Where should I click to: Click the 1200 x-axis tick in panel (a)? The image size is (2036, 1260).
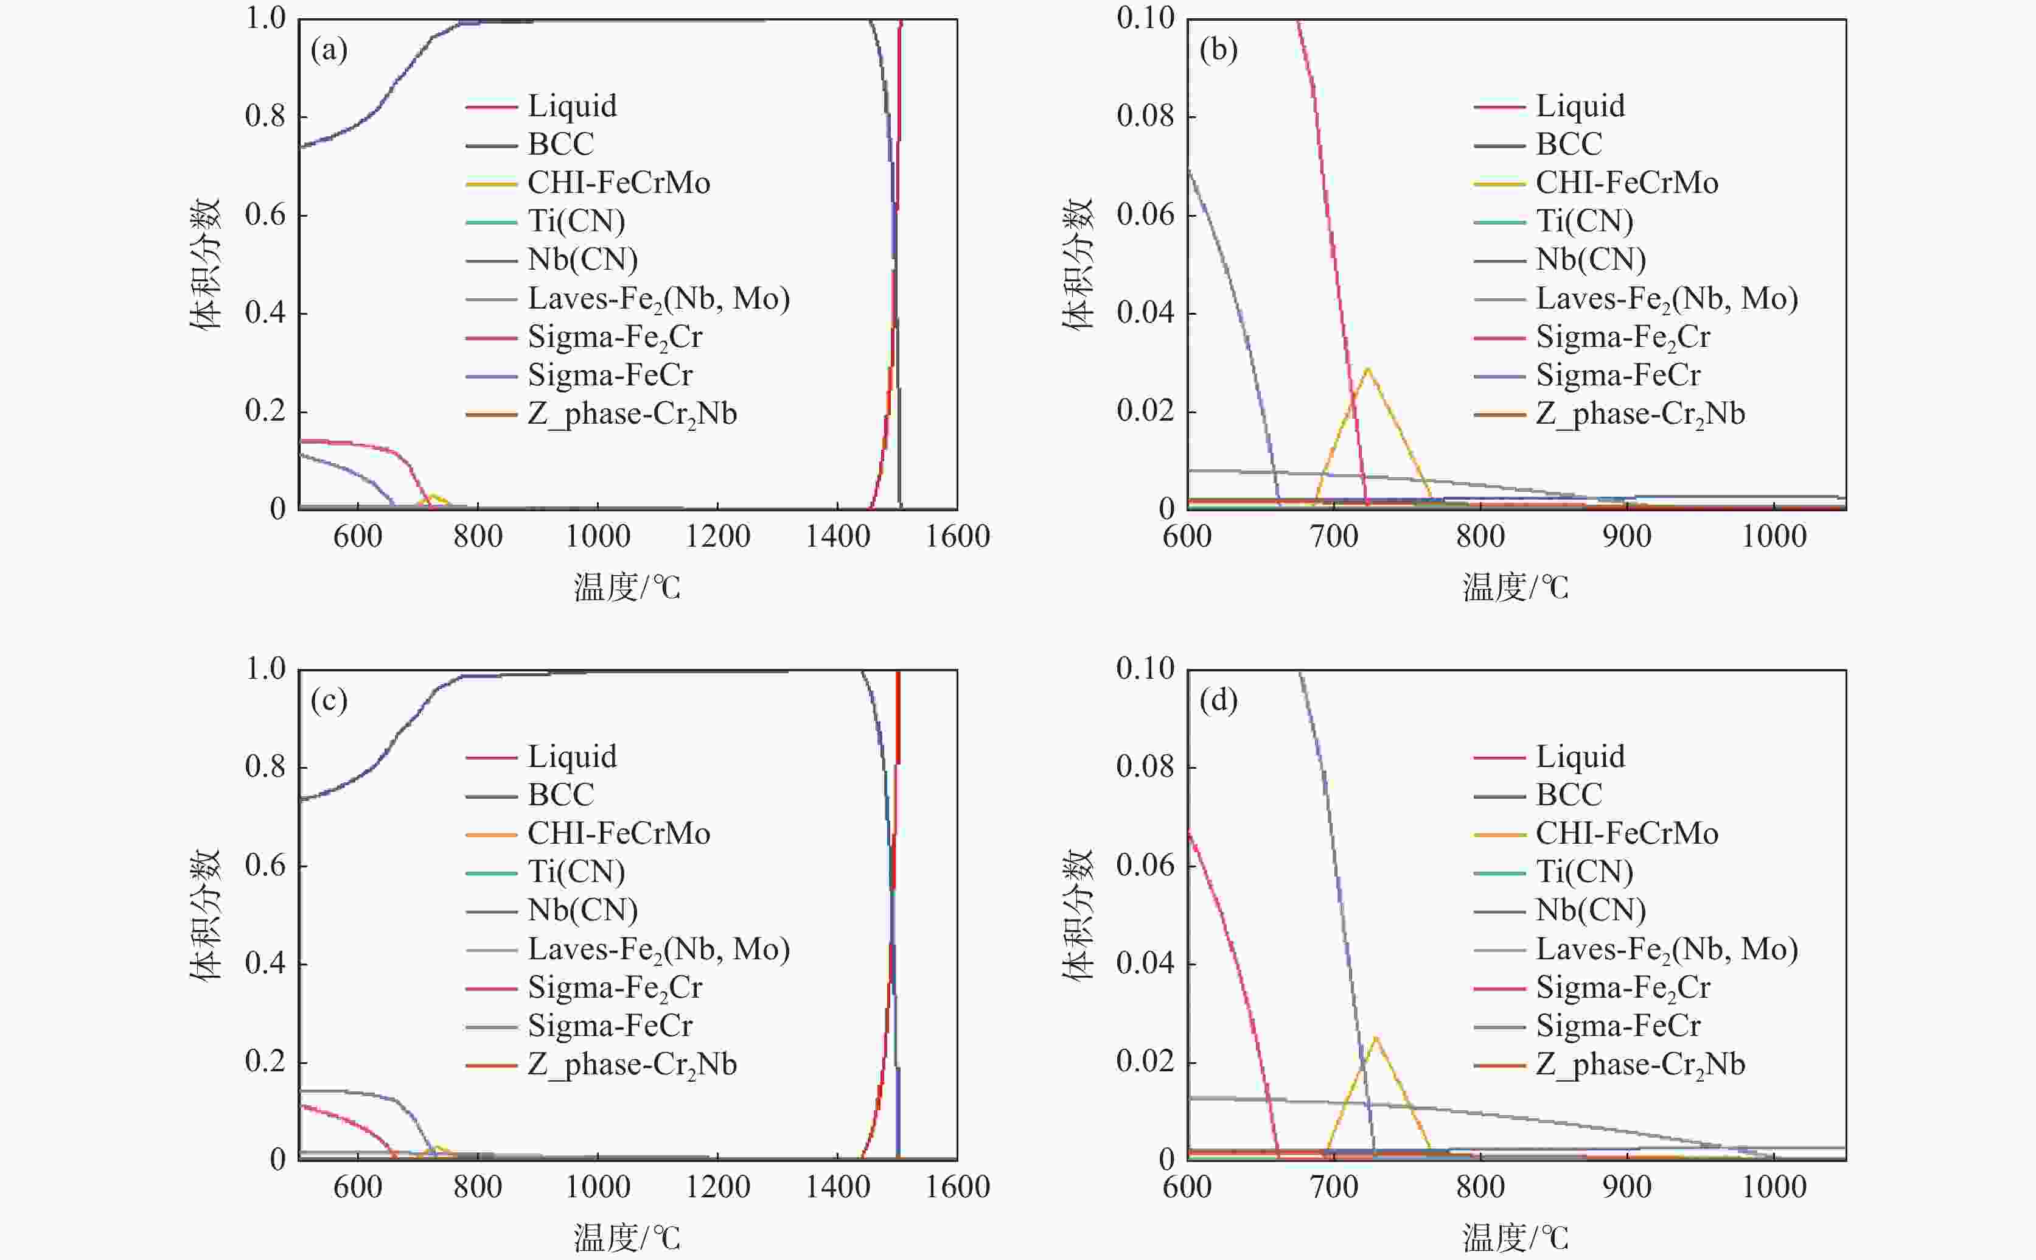717,536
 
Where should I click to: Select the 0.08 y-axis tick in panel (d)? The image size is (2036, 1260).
1145,767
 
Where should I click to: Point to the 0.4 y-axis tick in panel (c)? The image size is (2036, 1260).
265,964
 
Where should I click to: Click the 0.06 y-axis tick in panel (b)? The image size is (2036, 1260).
1145,215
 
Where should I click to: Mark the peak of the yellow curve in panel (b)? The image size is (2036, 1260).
1367,368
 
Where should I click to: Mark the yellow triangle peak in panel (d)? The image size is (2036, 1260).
1375,1037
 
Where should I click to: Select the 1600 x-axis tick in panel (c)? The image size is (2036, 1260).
957,1187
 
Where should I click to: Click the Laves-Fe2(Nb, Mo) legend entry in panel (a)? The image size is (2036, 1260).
658,298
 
